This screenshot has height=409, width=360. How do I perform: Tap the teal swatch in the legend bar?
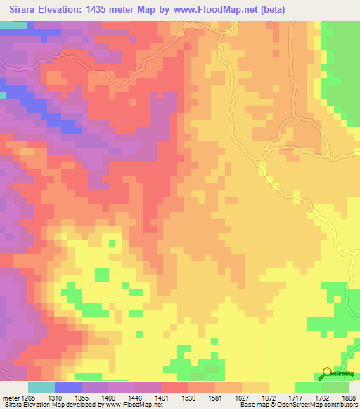pos(41,387)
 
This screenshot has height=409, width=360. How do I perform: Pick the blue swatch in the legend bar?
pos(68,387)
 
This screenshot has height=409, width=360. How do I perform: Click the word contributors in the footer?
pos(338,405)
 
